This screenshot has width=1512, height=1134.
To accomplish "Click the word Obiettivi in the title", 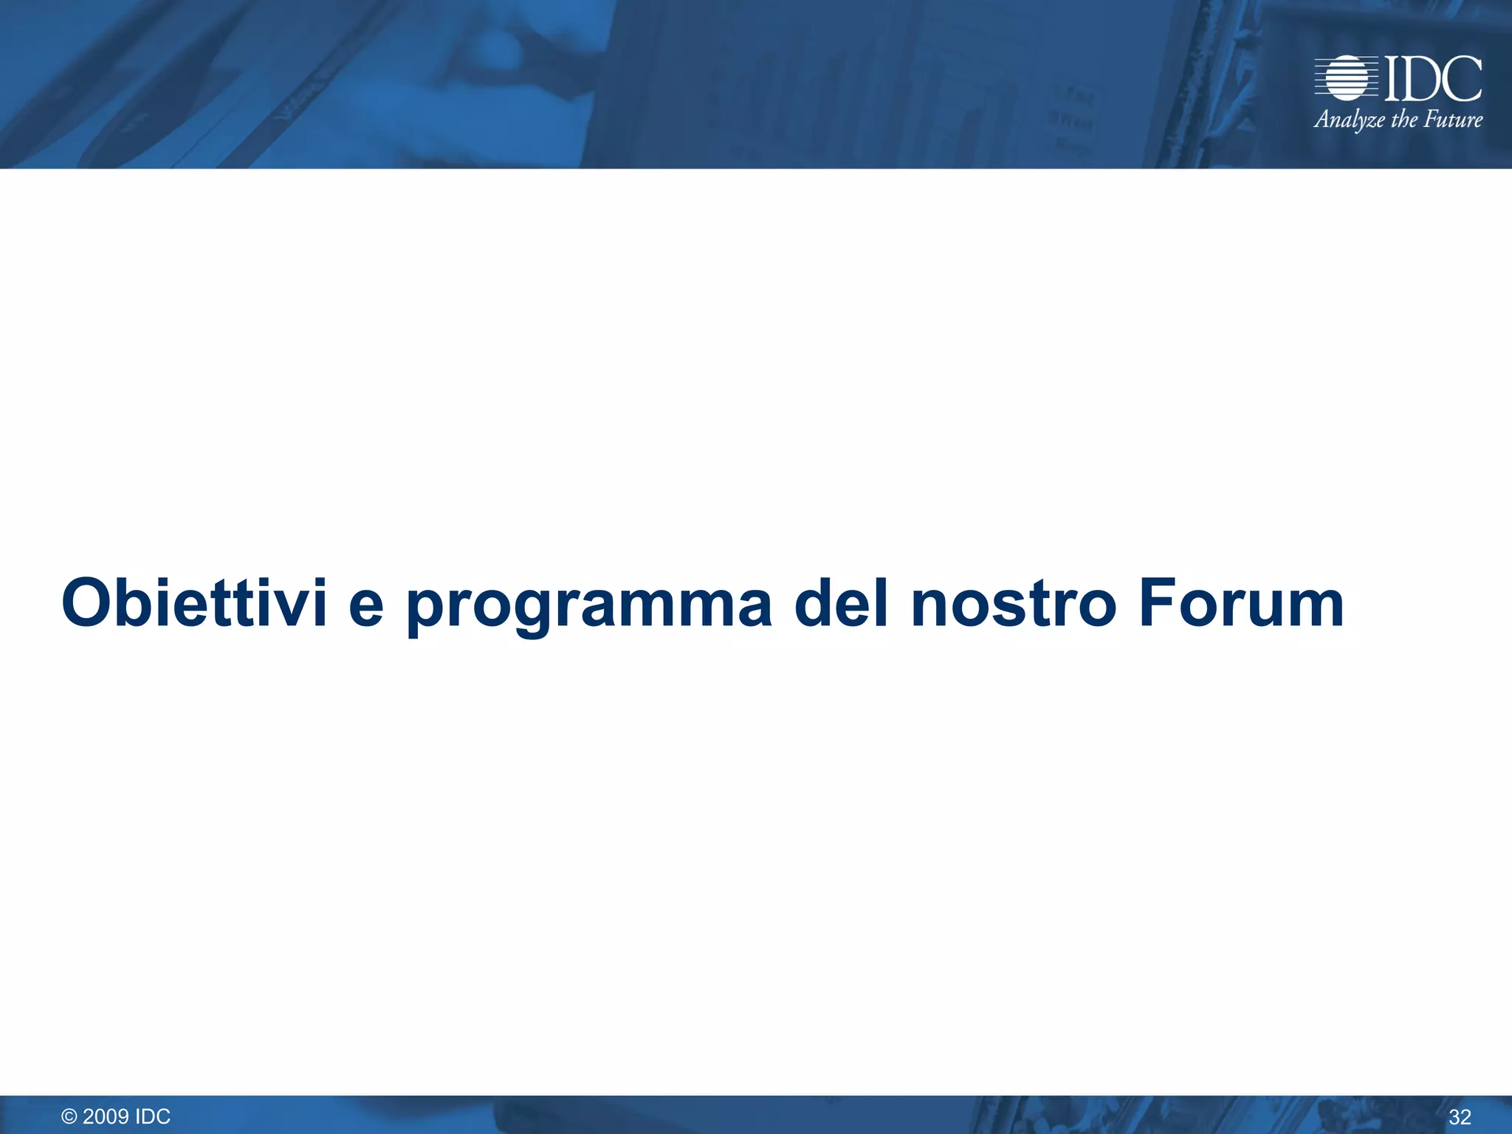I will click(194, 603).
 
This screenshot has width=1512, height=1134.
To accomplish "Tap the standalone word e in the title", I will click(367, 607).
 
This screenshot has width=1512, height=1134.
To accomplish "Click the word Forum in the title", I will click(1241, 603).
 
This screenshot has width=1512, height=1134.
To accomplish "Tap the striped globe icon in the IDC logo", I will click(1346, 78).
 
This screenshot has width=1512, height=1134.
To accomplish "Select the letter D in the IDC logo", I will click(1420, 78).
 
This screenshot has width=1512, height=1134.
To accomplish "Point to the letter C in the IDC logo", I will click(1462, 78).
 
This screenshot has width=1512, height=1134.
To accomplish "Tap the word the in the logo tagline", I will click(1403, 119).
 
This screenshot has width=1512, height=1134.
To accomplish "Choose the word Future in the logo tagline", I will click(1453, 119).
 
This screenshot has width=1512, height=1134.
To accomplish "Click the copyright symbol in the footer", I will click(69, 1116).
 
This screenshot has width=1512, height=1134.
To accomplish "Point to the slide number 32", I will click(1460, 1117).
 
